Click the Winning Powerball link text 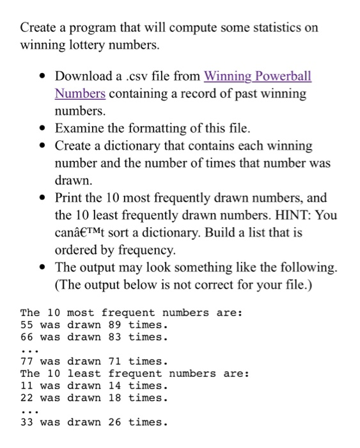257,76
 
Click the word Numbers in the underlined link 80,93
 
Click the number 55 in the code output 27,324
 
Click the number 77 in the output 27,361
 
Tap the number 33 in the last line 27,422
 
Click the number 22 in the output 27,398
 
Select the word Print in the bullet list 68,198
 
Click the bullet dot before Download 42,77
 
